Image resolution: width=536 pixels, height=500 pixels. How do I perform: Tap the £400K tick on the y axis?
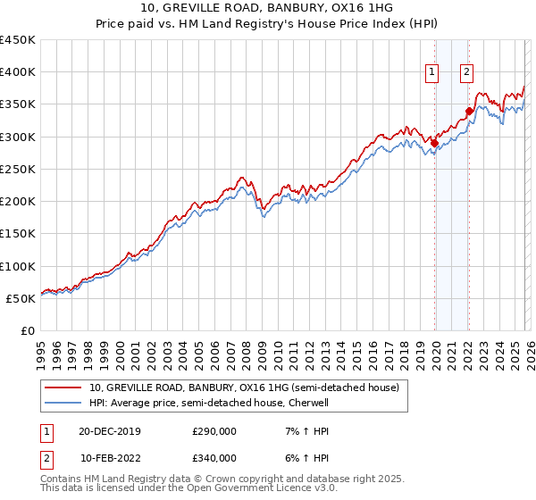coord(18,72)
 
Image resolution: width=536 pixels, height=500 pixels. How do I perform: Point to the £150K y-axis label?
coord(18,234)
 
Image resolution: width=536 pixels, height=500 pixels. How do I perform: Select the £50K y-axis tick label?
coord(21,298)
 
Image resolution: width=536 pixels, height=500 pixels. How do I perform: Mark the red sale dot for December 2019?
coord(434,143)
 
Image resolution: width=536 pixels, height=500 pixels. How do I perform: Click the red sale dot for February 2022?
coord(468,111)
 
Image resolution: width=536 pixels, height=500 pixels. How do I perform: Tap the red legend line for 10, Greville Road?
coord(63,387)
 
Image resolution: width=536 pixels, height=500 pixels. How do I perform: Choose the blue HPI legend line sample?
coord(63,403)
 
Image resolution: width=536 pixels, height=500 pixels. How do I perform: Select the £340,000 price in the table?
coord(214,458)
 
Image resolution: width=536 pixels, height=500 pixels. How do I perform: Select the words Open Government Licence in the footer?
coord(232,489)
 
